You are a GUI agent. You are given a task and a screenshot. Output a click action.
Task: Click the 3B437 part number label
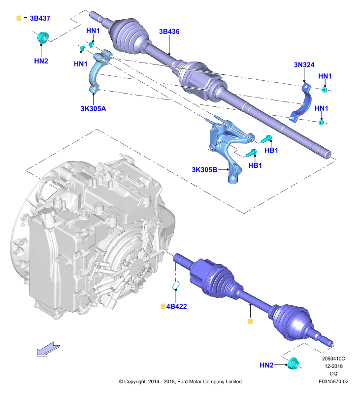tap(40, 18)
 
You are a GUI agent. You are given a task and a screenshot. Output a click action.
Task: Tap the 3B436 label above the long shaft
tap(169, 32)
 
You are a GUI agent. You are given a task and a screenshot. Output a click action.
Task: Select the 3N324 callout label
tap(304, 65)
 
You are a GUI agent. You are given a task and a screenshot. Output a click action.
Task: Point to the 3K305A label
tap(93, 108)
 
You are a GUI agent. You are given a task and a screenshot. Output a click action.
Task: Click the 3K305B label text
tap(204, 170)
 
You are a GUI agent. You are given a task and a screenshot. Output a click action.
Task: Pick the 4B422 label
tap(176, 306)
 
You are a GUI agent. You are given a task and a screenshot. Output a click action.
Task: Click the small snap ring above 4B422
tap(176, 286)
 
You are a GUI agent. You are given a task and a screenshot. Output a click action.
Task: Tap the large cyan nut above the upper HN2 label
tap(42, 38)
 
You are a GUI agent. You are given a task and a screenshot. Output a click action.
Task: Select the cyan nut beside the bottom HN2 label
tap(293, 363)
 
